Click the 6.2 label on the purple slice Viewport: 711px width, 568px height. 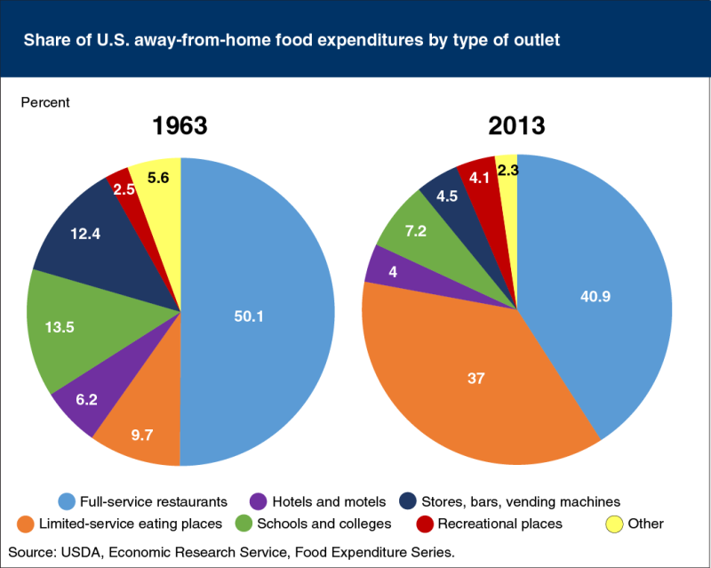86,401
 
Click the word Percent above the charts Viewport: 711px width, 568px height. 44,102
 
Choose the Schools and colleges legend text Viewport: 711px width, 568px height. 332,524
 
